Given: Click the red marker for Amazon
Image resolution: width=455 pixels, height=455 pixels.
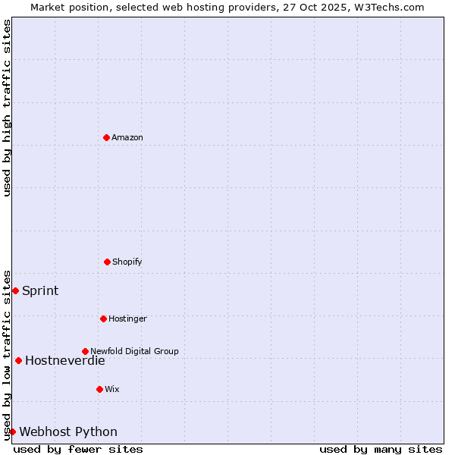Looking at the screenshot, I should pos(106,137).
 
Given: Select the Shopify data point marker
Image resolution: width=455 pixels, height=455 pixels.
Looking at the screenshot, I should pos(107,262).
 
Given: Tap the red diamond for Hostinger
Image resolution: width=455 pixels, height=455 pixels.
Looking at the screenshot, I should pos(103,318).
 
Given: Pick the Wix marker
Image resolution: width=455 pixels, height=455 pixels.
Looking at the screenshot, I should pos(99,389).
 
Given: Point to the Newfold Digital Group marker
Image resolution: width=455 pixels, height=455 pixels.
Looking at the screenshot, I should pos(85,351).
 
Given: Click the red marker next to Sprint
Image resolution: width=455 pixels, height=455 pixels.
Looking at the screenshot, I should pos(15,290).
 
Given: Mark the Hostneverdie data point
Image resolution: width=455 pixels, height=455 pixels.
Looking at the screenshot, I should pos(18,360).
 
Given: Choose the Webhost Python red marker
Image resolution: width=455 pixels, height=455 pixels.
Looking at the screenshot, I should pos(12,431).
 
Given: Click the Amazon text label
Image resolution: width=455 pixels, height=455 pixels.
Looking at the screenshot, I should pos(127,137).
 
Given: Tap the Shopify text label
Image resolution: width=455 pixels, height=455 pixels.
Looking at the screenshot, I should pos(127,262).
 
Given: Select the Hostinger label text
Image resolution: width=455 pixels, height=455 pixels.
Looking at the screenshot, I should pos(127,318).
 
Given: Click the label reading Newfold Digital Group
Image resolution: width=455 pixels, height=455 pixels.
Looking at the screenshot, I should pos(134,351).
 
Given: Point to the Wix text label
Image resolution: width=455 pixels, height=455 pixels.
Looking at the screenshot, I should pos(112,389).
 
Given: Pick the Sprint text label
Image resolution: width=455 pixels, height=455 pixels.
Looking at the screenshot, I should pos(40,290).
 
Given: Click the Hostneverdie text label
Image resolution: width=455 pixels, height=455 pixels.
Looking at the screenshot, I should pos(65,360).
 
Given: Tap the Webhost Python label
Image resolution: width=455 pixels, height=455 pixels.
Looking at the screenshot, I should pos(68,431).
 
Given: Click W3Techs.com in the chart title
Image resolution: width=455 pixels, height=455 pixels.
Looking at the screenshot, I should pos(390,7).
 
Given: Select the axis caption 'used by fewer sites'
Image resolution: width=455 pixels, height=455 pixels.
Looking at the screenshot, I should pos(78,449).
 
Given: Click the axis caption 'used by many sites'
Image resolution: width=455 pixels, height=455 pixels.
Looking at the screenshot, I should pos(381,449).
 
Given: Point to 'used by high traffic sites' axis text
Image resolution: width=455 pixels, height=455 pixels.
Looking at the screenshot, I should pos(7,108).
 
